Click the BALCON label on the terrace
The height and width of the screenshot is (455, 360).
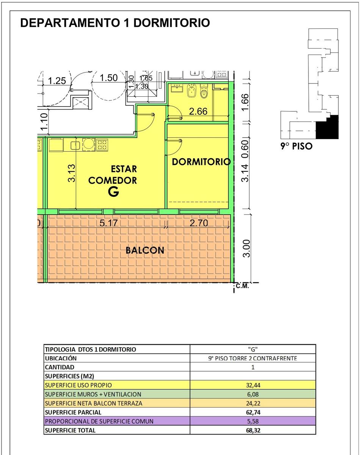tap(145, 251)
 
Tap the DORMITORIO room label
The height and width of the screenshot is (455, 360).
tap(201, 162)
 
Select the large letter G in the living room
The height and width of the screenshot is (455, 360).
tap(113, 192)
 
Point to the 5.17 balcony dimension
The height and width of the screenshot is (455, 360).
tap(108, 223)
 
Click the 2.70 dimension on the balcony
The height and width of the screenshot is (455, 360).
tap(199, 223)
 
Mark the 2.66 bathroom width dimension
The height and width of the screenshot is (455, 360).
tap(198, 111)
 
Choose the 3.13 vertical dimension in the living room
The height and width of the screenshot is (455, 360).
tap(72, 173)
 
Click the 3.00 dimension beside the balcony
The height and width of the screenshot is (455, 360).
tap(247, 248)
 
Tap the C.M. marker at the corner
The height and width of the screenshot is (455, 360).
tap(242, 286)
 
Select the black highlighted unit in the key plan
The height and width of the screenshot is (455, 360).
tap(328, 128)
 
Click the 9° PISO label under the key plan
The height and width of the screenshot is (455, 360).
tap(296, 146)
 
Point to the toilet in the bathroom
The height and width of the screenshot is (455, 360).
tap(204, 91)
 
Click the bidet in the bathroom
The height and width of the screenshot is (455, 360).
tap(192, 91)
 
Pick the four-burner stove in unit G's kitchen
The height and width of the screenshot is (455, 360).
tap(102, 145)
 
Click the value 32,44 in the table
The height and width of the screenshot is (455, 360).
tap(253, 385)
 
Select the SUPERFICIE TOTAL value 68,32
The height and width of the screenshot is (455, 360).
tap(253, 430)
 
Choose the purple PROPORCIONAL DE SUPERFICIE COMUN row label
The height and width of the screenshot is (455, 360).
tap(99, 421)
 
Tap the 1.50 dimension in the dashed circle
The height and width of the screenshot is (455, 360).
tap(108, 78)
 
